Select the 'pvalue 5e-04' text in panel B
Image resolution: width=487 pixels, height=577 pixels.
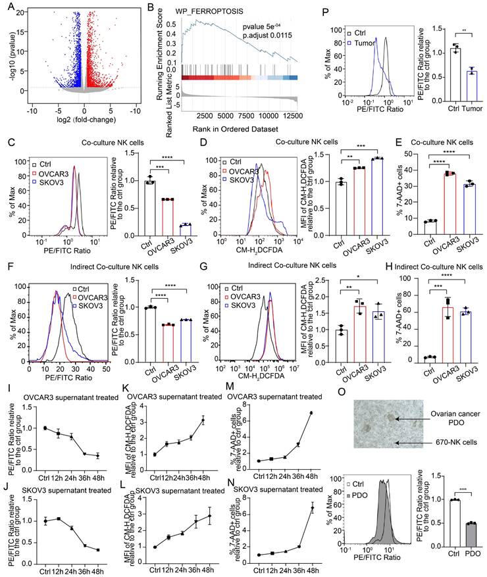point(259,29)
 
